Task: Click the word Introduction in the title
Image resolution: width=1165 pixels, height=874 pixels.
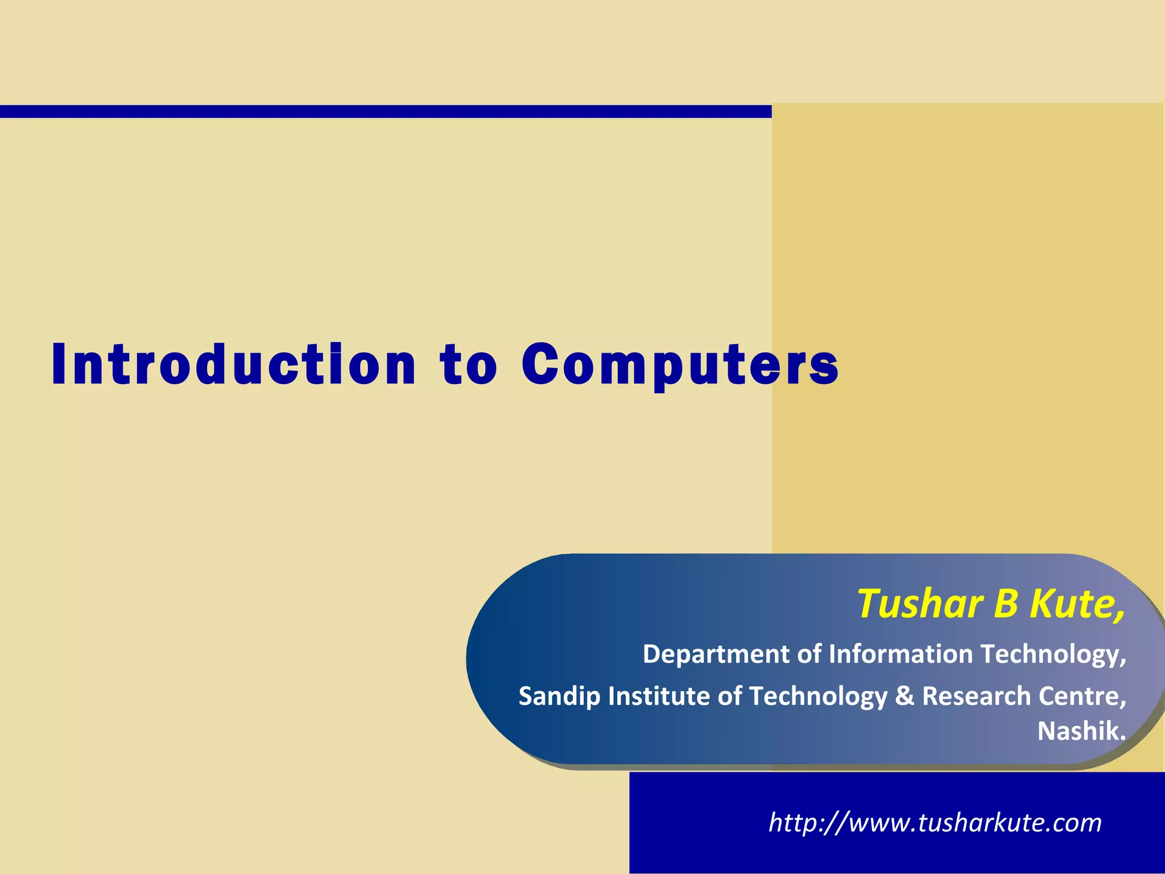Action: (234, 365)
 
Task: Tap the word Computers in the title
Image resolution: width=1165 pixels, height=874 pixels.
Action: (680, 365)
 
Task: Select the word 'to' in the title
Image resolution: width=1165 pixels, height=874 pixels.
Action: (468, 365)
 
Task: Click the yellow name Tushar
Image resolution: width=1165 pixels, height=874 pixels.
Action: (920, 603)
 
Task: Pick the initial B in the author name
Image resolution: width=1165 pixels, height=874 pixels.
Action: (1006, 603)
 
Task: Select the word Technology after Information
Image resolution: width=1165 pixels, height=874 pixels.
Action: (1053, 655)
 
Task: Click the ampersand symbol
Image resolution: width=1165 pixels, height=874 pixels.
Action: (904, 696)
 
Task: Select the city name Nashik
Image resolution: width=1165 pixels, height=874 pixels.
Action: (1081, 731)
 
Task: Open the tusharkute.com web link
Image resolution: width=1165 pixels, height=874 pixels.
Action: (935, 823)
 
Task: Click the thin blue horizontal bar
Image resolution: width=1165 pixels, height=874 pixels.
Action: (386, 111)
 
